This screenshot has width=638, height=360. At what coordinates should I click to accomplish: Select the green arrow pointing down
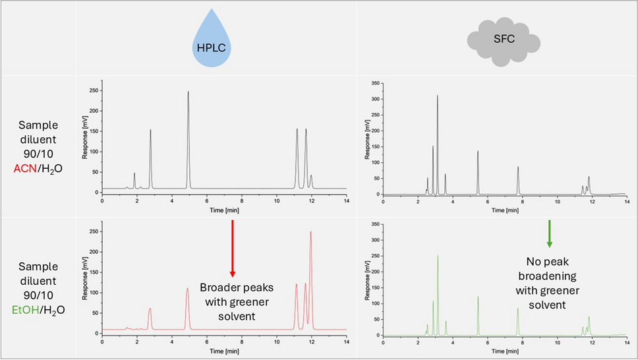coord(549,235)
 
